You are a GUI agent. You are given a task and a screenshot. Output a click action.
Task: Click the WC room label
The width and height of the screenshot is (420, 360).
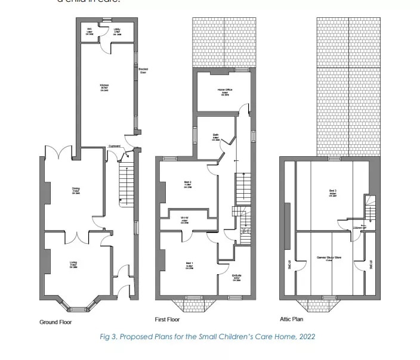point(89,29)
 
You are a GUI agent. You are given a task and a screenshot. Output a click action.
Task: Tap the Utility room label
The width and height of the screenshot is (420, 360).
point(118,29)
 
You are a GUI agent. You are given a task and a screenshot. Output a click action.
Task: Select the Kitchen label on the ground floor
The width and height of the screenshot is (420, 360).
point(104,85)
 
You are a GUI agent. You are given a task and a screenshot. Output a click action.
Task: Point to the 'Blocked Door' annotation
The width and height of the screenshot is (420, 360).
point(143,71)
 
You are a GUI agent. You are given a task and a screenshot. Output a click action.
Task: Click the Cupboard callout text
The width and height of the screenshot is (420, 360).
point(115,147)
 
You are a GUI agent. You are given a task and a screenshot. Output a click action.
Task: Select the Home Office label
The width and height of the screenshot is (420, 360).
point(225,90)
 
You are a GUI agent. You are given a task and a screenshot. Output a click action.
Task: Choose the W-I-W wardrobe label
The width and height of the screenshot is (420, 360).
point(184,218)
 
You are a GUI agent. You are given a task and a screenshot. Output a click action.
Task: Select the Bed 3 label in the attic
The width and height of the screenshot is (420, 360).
point(332,191)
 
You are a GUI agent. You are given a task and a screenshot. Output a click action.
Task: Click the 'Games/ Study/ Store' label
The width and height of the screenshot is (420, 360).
point(329,257)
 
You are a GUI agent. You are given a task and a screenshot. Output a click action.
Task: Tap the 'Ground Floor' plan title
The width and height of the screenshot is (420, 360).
point(56,322)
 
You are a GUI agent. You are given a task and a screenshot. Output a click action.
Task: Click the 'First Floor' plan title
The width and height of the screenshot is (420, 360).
point(168,319)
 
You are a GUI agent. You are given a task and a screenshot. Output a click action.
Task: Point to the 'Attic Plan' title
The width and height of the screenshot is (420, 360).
point(292,319)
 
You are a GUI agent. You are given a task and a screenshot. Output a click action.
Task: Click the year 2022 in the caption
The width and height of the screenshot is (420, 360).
point(306,337)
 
